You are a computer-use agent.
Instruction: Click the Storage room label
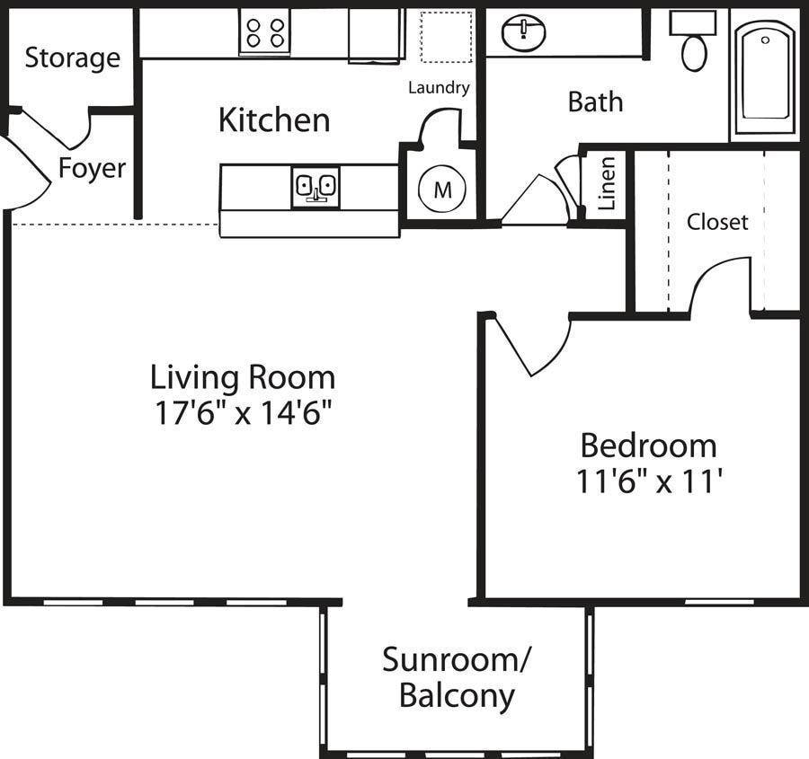(72, 58)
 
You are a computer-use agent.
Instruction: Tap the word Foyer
(93, 168)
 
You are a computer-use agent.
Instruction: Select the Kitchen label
(274, 119)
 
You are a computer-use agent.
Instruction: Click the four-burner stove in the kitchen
(264, 33)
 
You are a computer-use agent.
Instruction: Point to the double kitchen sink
(316, 187)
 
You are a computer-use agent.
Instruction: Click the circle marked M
(442, 190)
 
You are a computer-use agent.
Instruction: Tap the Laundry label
(439, 88)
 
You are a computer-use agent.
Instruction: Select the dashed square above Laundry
(447, 38)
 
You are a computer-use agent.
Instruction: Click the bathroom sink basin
(524, 33)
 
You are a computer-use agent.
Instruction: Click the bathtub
(764, 76)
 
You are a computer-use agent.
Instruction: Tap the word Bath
(595, 101)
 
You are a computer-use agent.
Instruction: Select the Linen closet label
(607, 183)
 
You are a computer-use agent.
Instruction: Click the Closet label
(717, 222)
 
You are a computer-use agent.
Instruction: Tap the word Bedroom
(648, 446)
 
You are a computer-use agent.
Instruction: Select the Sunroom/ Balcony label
(457, 677)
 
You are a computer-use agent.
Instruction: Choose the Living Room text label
(243, 375)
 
